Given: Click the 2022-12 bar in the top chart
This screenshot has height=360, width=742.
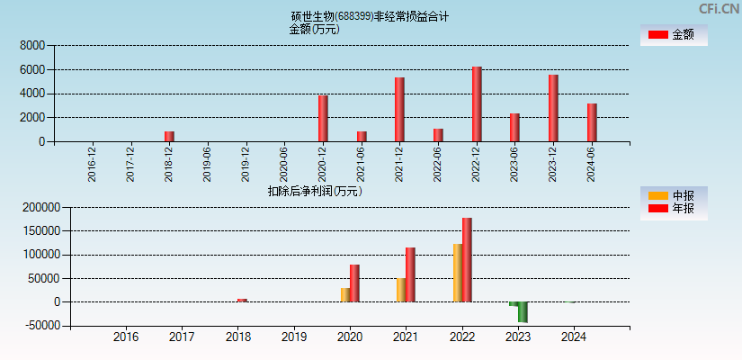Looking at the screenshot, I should pyautogui.click(x=477, y=103).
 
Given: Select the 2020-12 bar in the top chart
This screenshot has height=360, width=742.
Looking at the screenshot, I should pyautogui.click(x=323, y=118).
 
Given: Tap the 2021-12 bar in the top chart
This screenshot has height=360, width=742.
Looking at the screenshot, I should pyautogui.click(x=399, y=109).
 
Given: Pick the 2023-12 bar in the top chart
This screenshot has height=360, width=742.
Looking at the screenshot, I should pyautogui.click(x=553, y=108).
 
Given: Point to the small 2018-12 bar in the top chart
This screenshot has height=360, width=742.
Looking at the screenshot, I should pyautogui.click(x=169, y=136).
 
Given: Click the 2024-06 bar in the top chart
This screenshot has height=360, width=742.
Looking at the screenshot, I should pyautogui.click(x=592, y=122).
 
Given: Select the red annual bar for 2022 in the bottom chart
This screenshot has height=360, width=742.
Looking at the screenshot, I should pyautogui.click(x=467, y=260).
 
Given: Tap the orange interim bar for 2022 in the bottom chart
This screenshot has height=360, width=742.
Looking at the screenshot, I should pyautogui.click(x=457, y=273).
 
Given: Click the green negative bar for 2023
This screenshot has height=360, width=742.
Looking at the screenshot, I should pyautogui.click(x=523, y=312).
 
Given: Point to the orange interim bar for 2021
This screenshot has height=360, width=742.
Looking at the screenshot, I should pyautogui.click(x=401, y=290).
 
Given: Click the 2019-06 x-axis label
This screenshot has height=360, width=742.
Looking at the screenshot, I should pyautogui.click(x=208, y=165).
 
